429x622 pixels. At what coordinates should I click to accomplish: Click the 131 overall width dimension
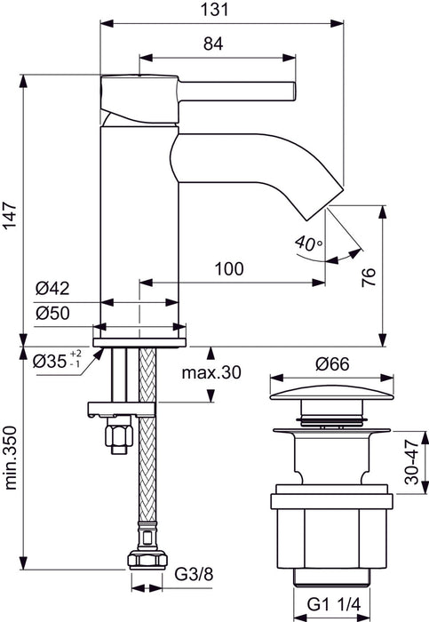[x=220, y=9]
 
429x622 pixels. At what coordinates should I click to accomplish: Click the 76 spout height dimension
[x=397, y=275]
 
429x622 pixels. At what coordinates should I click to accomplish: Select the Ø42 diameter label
[x=52, y=288]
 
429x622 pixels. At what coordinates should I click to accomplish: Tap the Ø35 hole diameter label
[x=59, y=362]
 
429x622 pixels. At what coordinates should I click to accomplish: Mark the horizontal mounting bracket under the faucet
[x=123, y=409]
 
